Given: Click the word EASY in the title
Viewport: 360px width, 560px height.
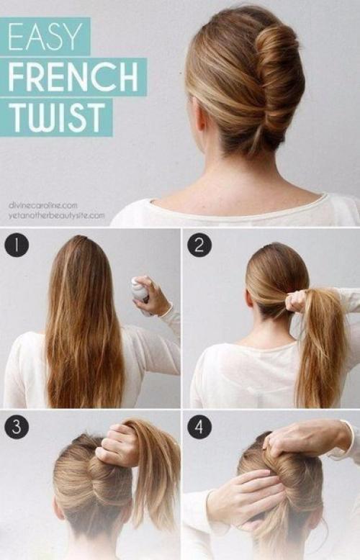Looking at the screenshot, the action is point(45,37).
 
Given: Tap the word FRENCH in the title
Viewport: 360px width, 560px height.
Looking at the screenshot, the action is point(73,77).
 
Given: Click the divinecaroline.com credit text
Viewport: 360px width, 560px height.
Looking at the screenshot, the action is point(43,205).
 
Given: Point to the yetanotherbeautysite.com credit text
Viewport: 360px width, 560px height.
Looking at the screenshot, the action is point(57,215).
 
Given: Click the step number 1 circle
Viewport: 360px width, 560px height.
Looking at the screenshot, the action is point(17,245).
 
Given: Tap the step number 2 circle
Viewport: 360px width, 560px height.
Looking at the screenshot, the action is point(199,245).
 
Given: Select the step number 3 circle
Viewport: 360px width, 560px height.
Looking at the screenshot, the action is point(17,427).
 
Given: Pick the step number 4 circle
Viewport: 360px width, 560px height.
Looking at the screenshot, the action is point(199,427).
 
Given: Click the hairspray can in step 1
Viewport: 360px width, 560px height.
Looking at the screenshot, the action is point(140,293).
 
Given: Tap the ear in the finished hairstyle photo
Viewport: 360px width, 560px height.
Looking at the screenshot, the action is point(201,115).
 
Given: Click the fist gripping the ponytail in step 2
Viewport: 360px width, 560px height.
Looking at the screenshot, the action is point(297,301).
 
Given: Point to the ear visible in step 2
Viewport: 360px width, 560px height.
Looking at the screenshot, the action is point(250,297).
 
